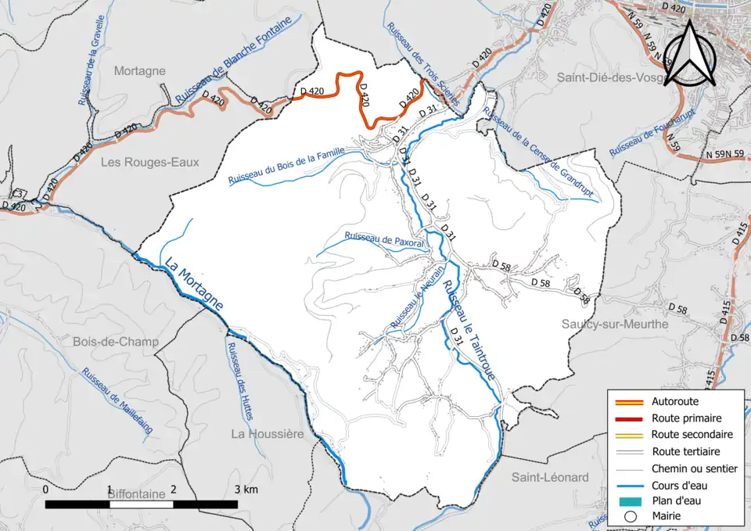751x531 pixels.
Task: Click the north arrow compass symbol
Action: point(692,53)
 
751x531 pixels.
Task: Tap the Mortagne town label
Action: point(140,70)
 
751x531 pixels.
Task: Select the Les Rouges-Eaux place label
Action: point(150,162)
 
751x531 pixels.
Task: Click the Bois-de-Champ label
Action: point(115,342)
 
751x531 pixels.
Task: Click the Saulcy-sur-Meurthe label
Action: point(615,324)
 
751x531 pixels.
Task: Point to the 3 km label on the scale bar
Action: point(245,490)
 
